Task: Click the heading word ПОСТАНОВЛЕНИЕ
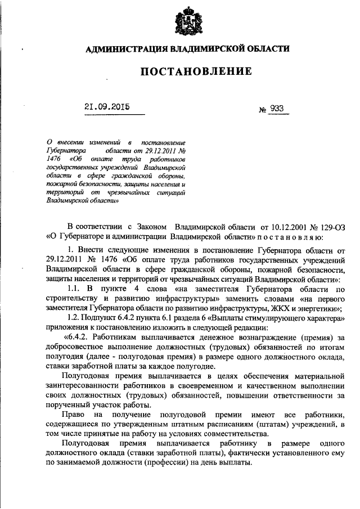coord(187,71)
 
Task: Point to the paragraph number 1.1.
coord(75,289)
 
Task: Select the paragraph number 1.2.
coord(74,318)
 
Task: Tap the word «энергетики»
coord(316,308)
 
